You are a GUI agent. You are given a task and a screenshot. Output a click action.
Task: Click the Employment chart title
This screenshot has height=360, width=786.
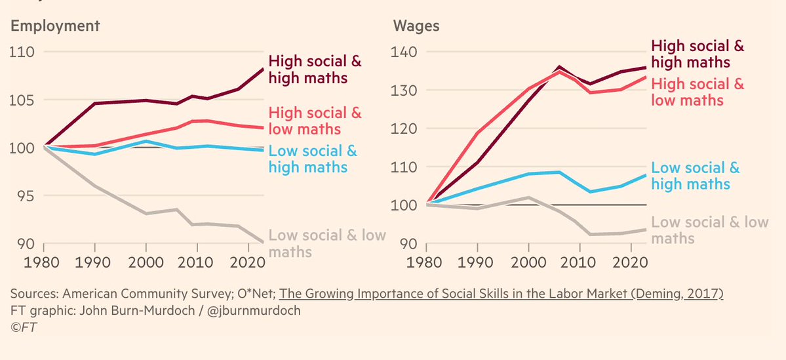pyautogui.click(x=54, y=26)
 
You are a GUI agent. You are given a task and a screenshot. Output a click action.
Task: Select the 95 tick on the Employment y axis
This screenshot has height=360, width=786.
pyautogui.click(x=24, y=195)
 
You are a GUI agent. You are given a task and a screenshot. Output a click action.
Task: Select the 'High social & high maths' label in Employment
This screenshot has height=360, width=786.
pyautogui.click(x=315, y=70)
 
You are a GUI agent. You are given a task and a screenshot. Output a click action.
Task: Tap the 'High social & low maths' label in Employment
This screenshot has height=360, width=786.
pyautogui.click(x=315, y=121)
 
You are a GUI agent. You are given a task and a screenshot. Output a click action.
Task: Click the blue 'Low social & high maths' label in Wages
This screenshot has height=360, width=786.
pyautogui.click(x=696, y=176)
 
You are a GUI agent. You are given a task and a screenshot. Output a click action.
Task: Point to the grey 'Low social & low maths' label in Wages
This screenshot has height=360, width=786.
pyautogui.click(x=709, y=230)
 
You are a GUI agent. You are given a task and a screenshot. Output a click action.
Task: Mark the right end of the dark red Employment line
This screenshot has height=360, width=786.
pyautogui.click(x=264, y=69)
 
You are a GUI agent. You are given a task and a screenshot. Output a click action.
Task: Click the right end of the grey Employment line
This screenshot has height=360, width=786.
pyautogui.click(x=264, y=242)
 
